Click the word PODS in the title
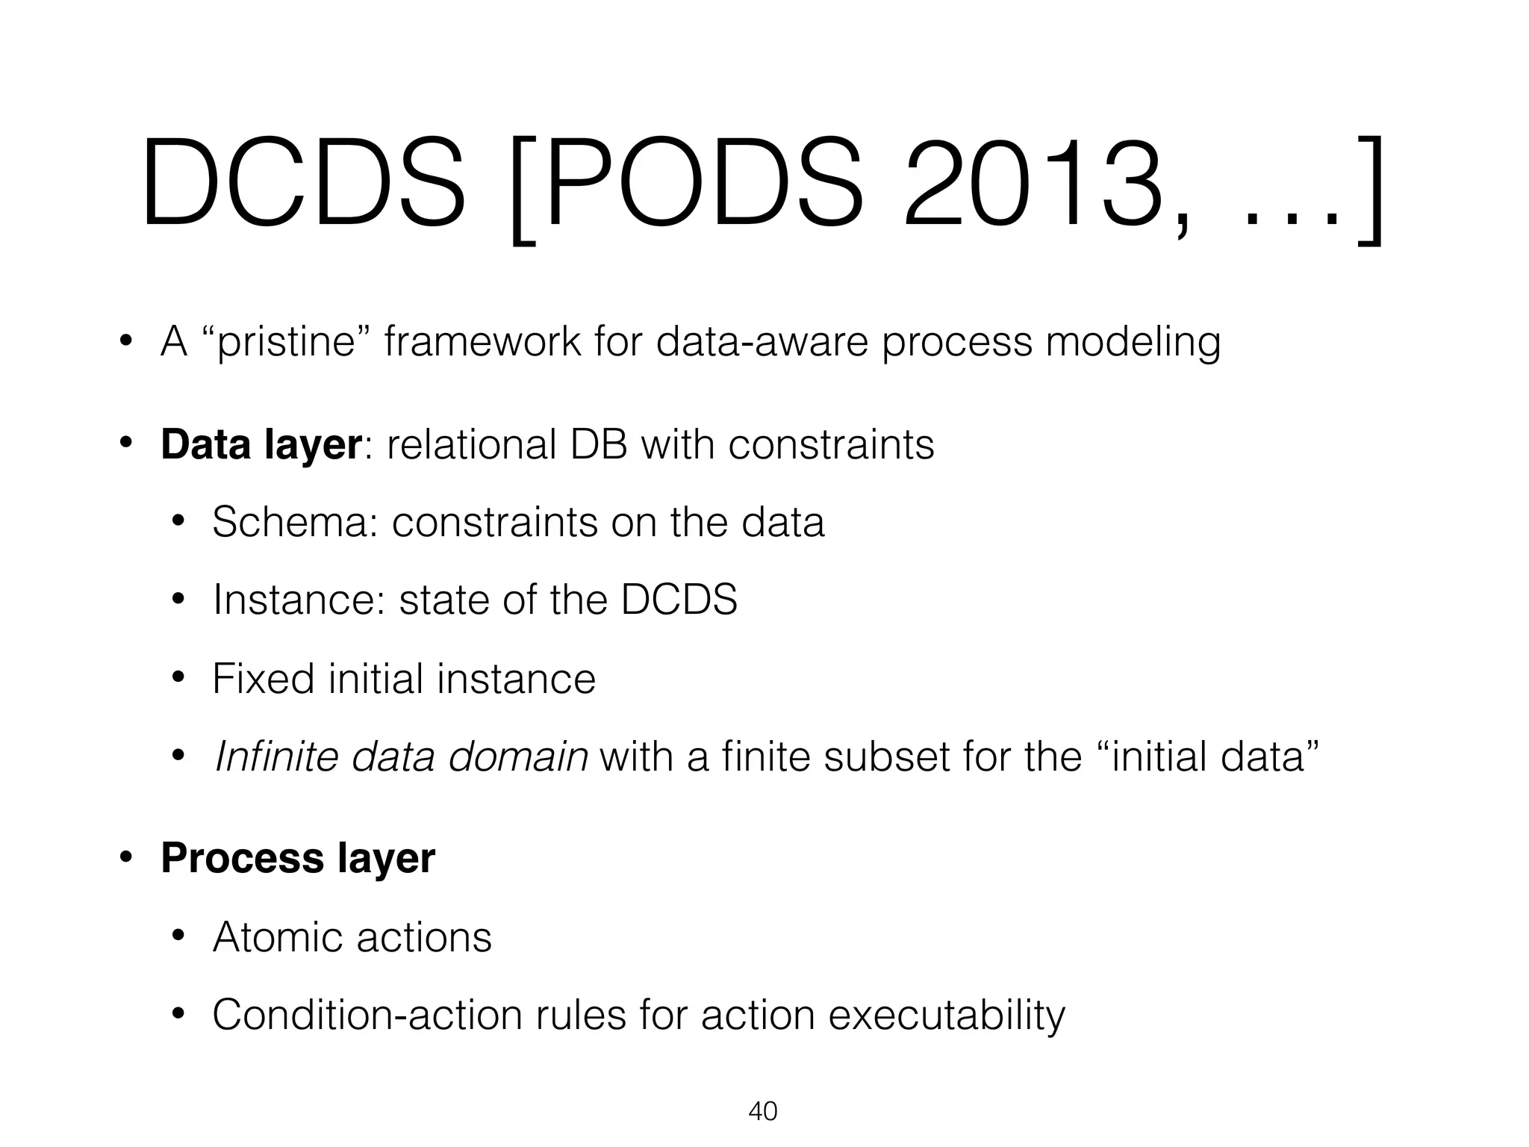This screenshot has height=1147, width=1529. pos(706,183)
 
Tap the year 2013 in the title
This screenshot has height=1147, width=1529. pos(1034,183)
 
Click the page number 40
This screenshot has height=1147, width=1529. pos(762,1111)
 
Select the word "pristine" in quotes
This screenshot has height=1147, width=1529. pos(287,342)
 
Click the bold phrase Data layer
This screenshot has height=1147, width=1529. pos(261,444)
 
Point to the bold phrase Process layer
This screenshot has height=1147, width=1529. pos(297,857)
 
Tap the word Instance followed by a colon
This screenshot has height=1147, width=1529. pos(299,600)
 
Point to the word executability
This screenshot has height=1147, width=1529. pos(947,1016)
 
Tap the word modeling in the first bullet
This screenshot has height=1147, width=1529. pos(1132,344)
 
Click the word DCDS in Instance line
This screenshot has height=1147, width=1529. pos(679,600)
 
